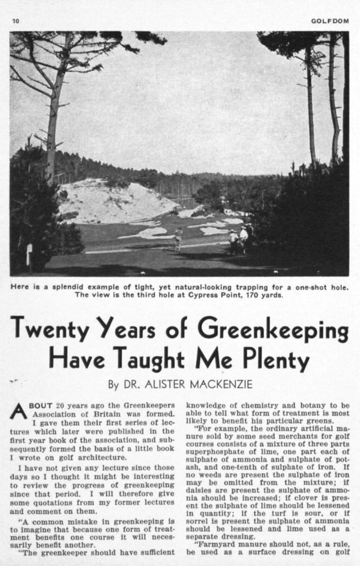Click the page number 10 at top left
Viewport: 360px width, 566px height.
pos(16,21)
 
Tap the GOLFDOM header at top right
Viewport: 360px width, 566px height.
pos(330,21)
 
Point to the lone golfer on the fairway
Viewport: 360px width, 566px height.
pos(178,239)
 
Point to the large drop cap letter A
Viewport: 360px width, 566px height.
pos(18,411)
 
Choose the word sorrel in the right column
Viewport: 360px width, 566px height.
pos(199,521)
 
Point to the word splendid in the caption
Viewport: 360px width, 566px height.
pos(58,287)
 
